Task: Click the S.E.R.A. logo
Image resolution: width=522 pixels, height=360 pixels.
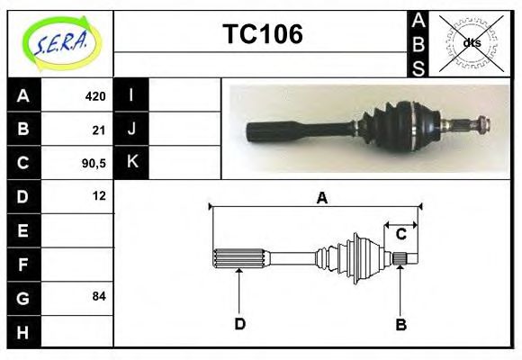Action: [x=59, y=42]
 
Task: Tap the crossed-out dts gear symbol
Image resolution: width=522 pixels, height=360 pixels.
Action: [x=472, y=42]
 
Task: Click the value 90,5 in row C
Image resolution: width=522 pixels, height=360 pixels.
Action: [x=94, y=163]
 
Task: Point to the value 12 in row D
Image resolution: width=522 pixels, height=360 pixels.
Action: [x=99, y=195]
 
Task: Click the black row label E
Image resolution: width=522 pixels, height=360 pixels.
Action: [x=23, y=230]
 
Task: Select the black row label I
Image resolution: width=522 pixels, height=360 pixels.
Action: [x=131, y=95]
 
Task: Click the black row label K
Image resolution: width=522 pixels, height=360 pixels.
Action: [x=131, y=162]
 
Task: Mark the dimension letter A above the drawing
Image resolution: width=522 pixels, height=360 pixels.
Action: [x=321, y=199]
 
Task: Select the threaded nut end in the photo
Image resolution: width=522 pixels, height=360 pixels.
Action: [x=481, y=123]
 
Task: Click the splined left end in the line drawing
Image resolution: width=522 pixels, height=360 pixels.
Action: [x=238, y=258]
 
